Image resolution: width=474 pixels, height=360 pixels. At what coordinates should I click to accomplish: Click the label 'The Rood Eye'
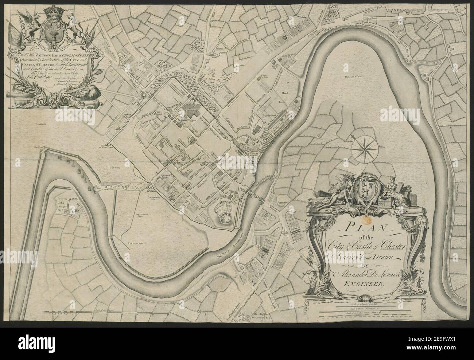pyautogui.click(x=134, y=242)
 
